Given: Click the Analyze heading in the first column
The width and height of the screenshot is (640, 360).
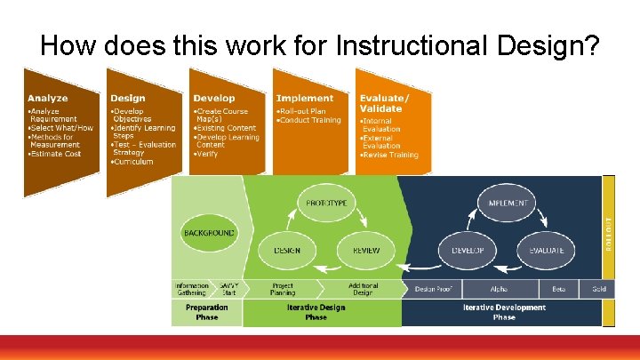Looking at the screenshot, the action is coord(48,98).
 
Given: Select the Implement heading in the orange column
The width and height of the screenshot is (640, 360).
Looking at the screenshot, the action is coord(305,98).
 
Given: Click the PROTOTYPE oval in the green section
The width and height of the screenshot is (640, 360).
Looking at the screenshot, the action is coord(325,204).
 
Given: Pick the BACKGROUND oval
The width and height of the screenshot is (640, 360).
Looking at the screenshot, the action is coord(209,233).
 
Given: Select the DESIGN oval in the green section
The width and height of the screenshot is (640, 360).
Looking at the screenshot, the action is coord(285,251).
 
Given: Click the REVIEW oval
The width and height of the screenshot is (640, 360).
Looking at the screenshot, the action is coord(366,251).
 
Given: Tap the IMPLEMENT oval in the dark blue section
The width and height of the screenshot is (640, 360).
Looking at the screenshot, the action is coord(508,204).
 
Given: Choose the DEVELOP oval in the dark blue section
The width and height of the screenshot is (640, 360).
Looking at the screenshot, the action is coord(467,251).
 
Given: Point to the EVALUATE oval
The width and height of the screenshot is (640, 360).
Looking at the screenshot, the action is coord(547,251).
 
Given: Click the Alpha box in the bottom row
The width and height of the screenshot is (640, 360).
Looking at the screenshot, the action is coord(500,289).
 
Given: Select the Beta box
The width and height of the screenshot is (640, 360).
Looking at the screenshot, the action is coord(559,289).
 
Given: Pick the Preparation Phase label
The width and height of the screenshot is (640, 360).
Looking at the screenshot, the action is coord(206,312).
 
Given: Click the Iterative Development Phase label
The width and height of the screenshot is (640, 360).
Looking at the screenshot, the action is coord(503,312).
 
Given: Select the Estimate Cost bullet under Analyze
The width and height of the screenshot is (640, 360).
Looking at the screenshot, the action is coord(56,154).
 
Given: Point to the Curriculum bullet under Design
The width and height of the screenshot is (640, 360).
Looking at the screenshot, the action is coord(133,162).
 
